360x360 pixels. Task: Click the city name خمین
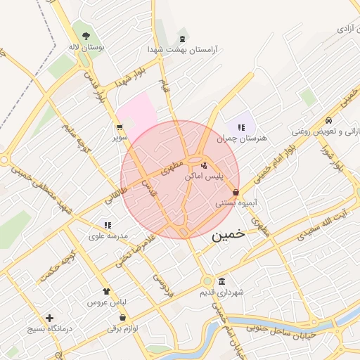tap(229, 235)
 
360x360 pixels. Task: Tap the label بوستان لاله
tap(86, 47)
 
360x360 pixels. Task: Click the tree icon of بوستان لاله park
tap(86, 35)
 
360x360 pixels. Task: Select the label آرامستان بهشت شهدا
tap(183, 50)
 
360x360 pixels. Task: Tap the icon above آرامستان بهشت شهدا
tap(184, 38)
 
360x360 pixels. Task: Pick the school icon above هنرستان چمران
tap(241, 127)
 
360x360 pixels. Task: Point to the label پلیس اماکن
tap(204, 176)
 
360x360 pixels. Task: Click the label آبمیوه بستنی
tap(235, 202)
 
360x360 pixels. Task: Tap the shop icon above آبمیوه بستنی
tap(235, 192)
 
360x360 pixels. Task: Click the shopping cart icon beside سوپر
tap(120, 127)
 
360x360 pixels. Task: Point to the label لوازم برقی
tap(124, 328)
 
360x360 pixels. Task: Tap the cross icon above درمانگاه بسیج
tap(49, 318)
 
